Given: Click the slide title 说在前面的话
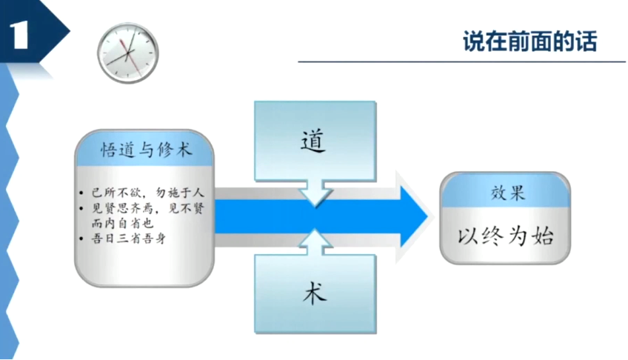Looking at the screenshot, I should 529,41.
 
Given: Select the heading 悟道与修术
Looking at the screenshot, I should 146,151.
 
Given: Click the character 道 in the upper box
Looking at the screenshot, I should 314,141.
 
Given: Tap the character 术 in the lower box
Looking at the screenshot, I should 314,294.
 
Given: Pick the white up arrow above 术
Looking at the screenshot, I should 315,241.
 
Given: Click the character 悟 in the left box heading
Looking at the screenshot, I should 110,151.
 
